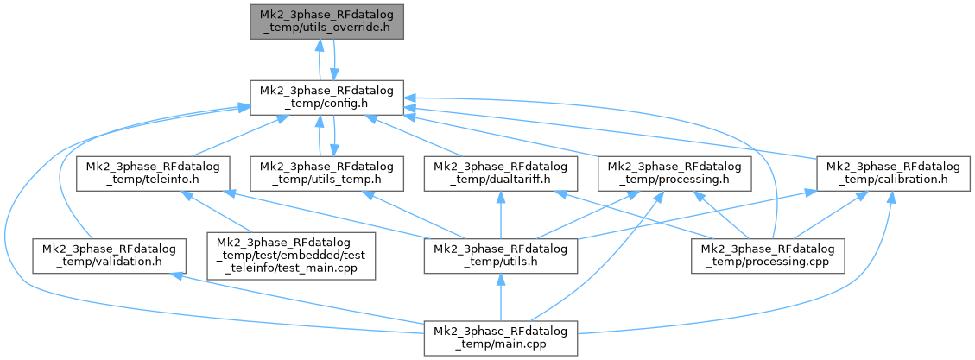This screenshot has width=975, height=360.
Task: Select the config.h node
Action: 326,98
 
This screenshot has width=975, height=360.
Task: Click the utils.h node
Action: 500,256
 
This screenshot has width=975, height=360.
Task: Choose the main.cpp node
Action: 500,339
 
